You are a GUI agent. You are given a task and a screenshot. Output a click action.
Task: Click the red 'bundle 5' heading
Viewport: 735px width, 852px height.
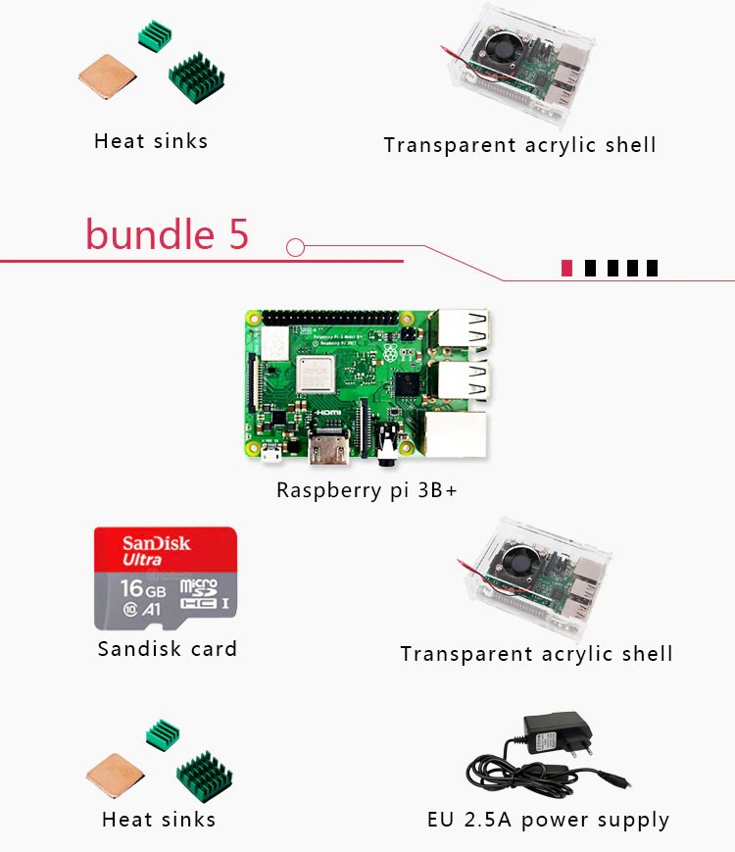click(167, 235)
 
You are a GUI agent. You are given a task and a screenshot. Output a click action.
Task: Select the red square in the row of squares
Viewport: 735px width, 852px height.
click(566, 268)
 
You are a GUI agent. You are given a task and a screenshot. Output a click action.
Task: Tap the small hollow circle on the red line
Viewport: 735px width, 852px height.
click(295, 247)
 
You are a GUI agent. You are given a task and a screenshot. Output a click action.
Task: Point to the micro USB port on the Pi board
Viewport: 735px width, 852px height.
click(271, 454)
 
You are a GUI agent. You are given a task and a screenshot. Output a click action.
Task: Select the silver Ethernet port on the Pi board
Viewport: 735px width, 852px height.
click(454, 435)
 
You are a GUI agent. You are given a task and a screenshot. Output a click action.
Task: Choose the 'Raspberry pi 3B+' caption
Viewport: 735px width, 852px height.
click(367, 490)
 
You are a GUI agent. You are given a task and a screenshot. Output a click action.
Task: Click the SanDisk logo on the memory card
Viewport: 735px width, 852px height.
click(157, 544)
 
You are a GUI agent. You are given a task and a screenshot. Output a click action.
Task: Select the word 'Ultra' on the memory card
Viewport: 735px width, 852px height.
click(143, 560)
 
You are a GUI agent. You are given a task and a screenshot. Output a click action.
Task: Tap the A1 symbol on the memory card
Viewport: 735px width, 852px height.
click(152, 609)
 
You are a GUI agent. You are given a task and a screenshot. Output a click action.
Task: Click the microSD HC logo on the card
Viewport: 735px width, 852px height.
click(199, 593)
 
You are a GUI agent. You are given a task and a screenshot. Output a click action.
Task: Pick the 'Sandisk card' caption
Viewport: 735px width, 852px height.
click(168, 648)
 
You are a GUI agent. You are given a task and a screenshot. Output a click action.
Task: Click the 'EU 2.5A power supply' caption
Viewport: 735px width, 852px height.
click(548, 820)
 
